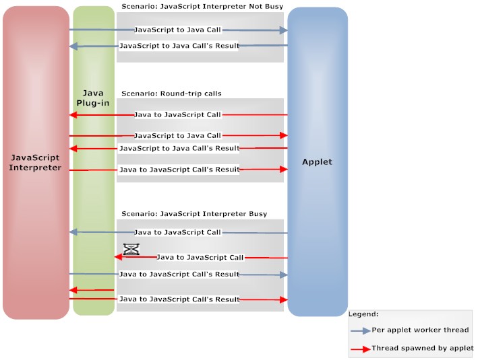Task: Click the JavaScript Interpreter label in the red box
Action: pyautogui.click(x=36, y=162)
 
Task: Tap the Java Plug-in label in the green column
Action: pyautogui.click(x=93, y=98)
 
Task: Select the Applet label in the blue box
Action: pyautogui.click(x=317, y=162)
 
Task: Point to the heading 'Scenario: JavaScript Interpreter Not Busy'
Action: pyautogui.click(x=202, y=6)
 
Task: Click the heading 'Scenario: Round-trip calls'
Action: pyautogui.click(x=171, y=94)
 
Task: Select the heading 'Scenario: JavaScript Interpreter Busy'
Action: pyautogui.click(x=194, y=214)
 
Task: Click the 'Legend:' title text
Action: pyautogui.click(x=363, y=314)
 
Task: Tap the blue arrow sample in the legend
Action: pyautogui.click(x=360, y=330)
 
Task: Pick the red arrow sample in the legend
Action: pyautogui.click(x=360, y=349)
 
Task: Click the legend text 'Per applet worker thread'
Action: pyautogui.click(x=420, y=330)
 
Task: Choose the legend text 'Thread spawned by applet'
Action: pyautogui.click(x=423, y=349)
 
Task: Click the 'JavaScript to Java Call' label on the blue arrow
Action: pyautogui.click(x=178, y=30)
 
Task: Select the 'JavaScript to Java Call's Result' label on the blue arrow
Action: pyautogui.click(x=179, y=46)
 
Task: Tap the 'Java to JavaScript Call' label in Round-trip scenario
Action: pyautogui.click(x=178, y=115)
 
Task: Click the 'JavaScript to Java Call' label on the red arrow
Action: pyautogui.click(x=178, y=136)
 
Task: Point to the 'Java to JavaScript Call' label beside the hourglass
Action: pyautogui.click(x=200, y=258)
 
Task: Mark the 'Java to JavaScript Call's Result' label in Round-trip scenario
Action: pyautogui.click(x=179, y=170)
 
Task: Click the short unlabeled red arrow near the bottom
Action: pyautogui.click(x=91, y=290)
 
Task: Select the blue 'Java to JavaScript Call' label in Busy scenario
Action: pyautogui.click(x=178, y=232)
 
